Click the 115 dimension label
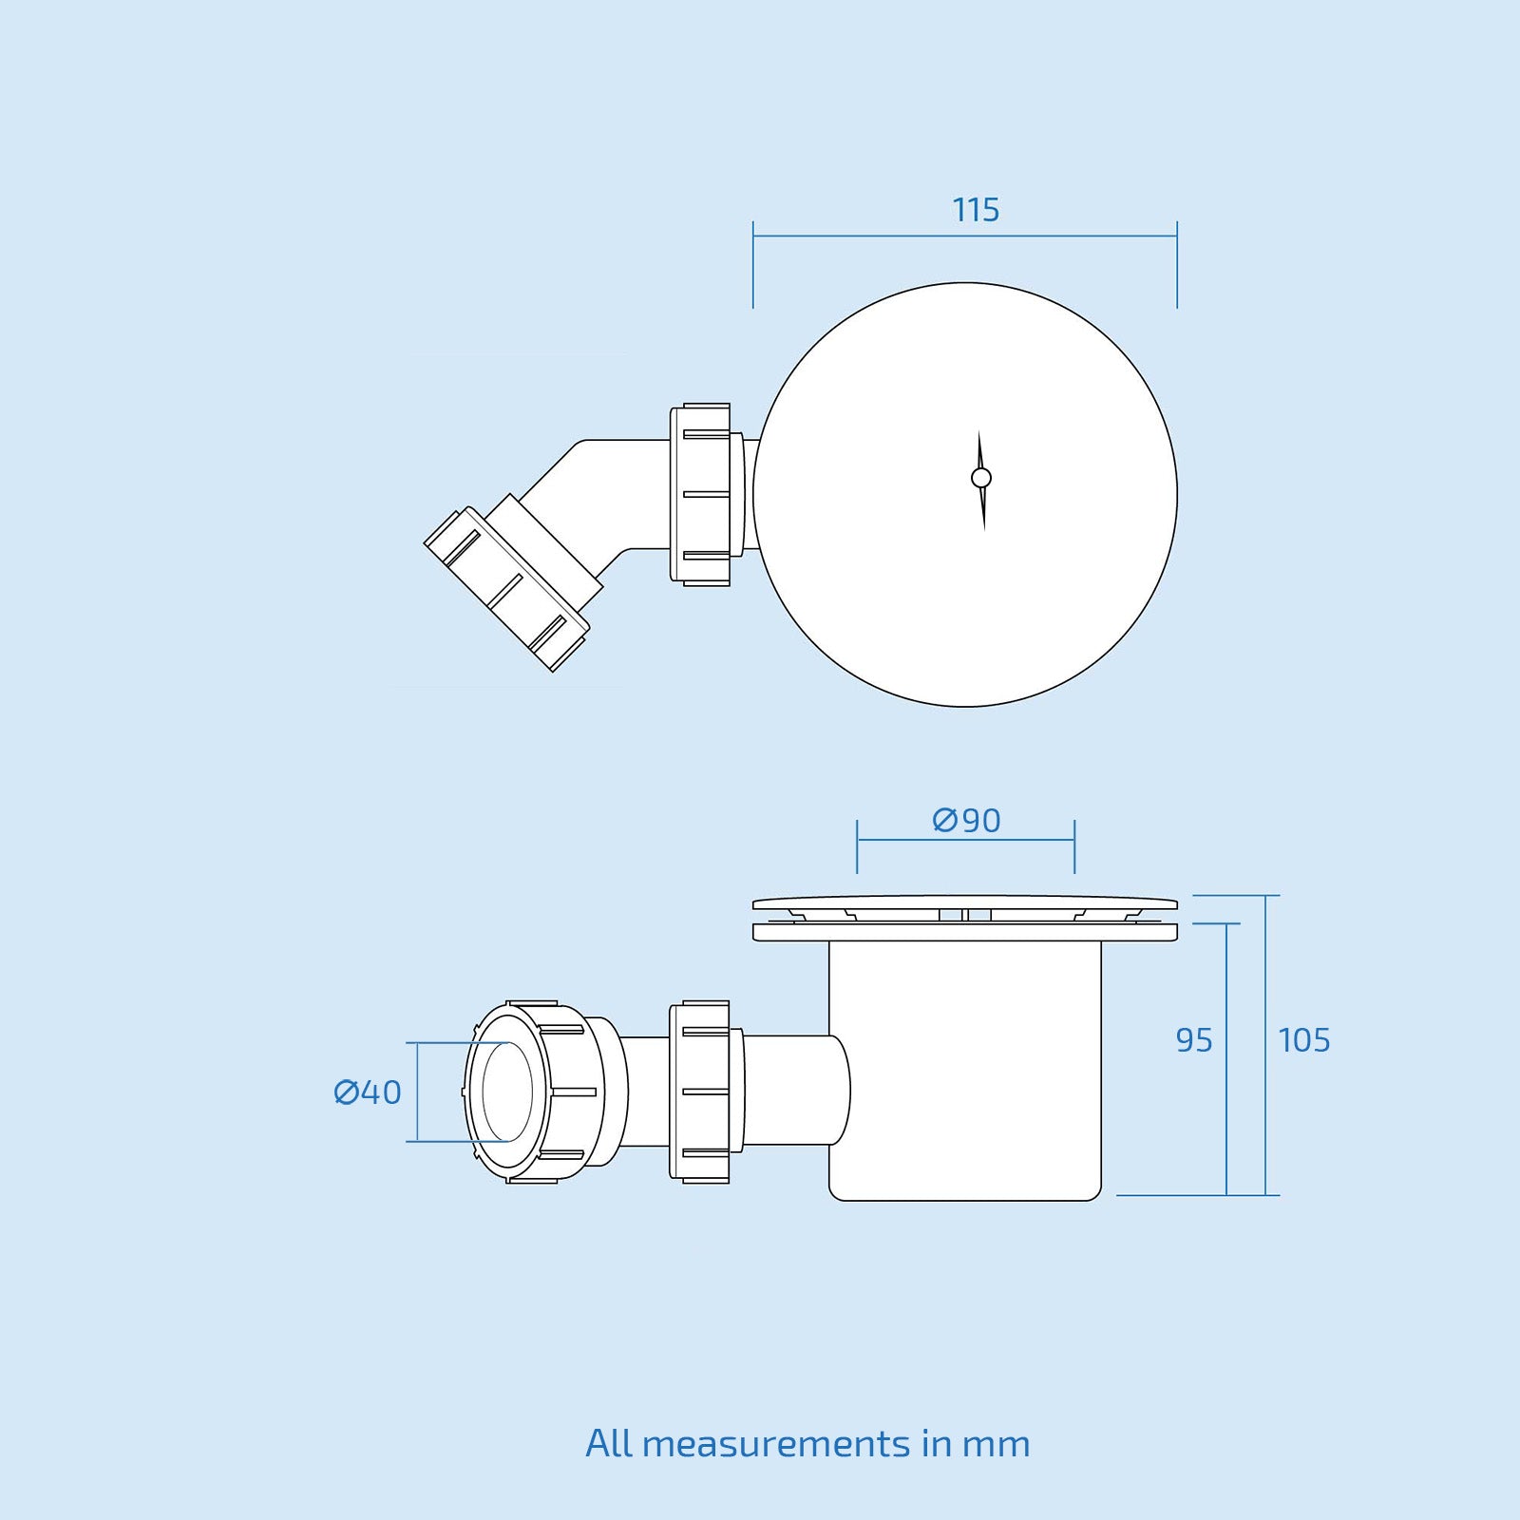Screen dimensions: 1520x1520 tap(976, 210)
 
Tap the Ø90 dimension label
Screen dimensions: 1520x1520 tap(966, 820)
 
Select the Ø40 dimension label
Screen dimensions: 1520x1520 tap(368, 1092)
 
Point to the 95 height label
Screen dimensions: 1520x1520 tap(1194, 1040)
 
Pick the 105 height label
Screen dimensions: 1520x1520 tap(1303, 1040)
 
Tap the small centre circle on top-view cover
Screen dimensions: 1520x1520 tap(981, 478)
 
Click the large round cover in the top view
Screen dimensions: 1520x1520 tap(1045, 589)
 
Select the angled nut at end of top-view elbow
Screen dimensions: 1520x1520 tap(505, 589)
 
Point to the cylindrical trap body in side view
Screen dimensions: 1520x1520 tap(965, 1073)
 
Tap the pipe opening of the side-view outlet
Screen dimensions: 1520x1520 tap(506, 1092)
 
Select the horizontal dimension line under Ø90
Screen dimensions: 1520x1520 tap(965, 840)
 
